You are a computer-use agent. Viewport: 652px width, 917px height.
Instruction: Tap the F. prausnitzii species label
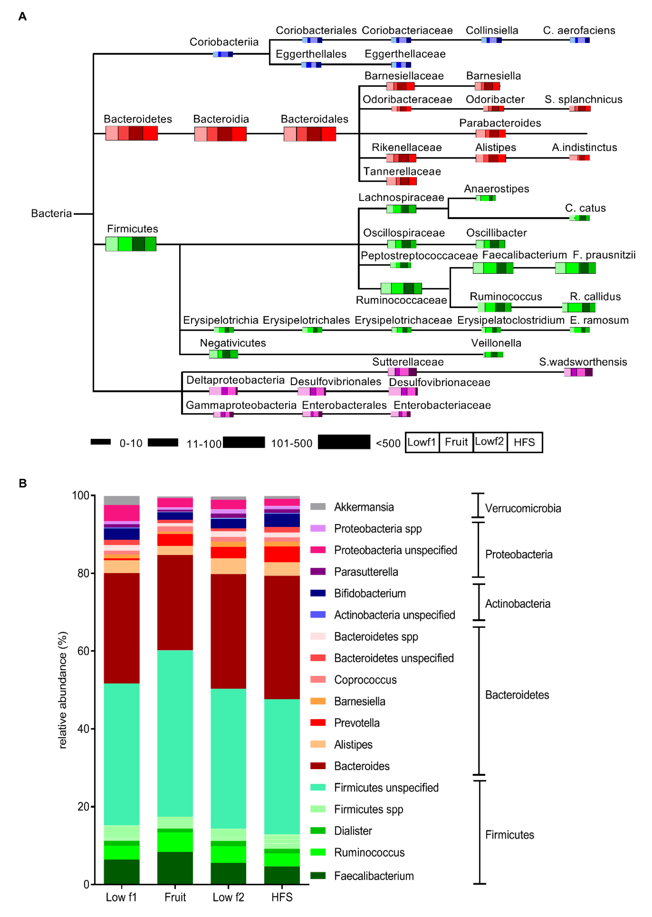click(604, 255)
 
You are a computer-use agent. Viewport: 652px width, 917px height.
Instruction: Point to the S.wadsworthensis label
click(583, 362)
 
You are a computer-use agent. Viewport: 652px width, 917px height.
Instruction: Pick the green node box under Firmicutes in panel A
click(131, 244)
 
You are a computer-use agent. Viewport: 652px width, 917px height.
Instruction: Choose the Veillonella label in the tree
click(496, 343)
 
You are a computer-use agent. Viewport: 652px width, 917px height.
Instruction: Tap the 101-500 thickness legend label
click(291, 444)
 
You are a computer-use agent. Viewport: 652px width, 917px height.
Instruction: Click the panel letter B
click(23, 483)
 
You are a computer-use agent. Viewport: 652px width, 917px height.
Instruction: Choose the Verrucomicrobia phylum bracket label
click(523, 508)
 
